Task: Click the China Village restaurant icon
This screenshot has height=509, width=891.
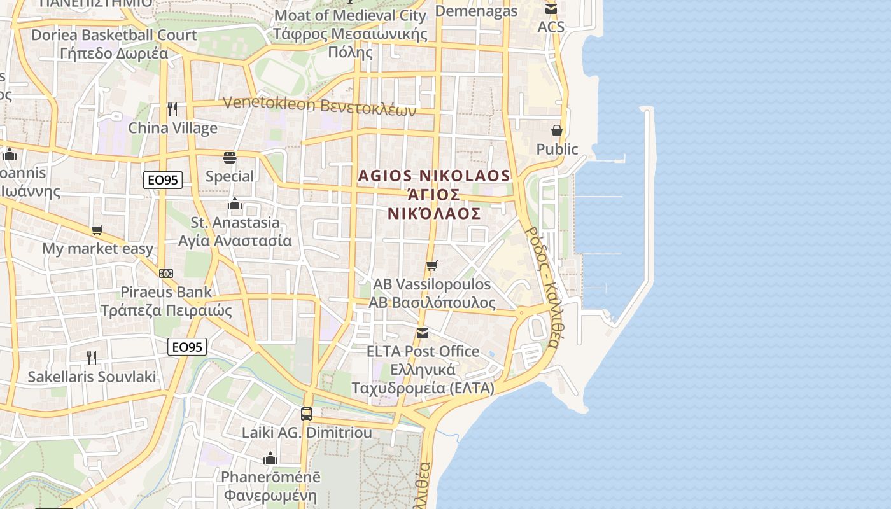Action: (172, 109)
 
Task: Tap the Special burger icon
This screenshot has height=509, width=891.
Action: (230, 157)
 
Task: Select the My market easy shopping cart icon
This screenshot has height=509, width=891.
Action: (97, 230)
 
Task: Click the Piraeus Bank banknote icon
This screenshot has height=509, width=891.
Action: (166, 274)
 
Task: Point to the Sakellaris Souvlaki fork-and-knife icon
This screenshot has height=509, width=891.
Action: (92, 358)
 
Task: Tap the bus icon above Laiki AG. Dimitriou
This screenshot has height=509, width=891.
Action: (307, 414)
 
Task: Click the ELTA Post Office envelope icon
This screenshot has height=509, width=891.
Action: (423, 333)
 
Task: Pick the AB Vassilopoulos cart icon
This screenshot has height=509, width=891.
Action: (432, 265)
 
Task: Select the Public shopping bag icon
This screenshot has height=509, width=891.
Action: (557, 130)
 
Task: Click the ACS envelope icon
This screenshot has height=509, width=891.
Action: (551, 8)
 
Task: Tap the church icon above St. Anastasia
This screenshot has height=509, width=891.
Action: (235, 204)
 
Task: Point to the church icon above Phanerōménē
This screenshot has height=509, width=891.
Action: (270, 458)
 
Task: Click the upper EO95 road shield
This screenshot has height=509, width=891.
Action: (163, 180)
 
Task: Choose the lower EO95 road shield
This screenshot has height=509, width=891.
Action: (188, 347)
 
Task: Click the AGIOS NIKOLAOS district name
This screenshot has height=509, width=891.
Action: (434, 176)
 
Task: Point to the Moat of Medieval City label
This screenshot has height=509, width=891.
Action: (350, 15)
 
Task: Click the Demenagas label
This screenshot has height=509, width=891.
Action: (476, 11)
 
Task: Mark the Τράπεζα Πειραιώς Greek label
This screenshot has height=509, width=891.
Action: (166, 310)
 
